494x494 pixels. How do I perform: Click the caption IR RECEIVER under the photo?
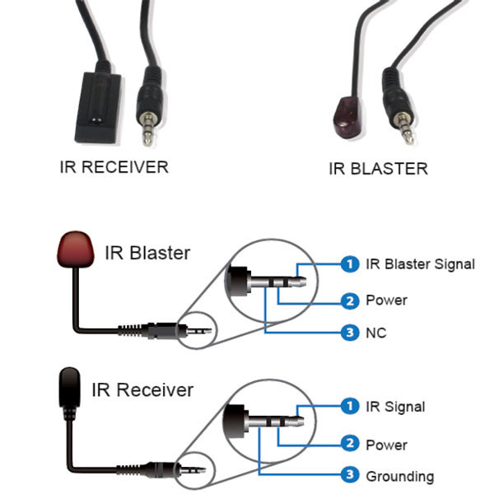point(114,167)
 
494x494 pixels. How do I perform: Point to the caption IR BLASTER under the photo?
point(378,169)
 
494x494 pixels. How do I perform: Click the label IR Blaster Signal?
point(420,264)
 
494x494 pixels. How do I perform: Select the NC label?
point(376,333)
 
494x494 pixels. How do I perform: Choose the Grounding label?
point(399,476)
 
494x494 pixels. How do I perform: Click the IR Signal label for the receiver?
point(395,407)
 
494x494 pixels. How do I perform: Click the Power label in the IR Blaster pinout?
point(386,301)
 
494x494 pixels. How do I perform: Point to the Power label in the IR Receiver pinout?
point(386,445)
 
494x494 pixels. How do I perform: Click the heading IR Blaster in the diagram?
point(147,252)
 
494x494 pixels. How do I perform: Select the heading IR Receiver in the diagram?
point(142,389)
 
